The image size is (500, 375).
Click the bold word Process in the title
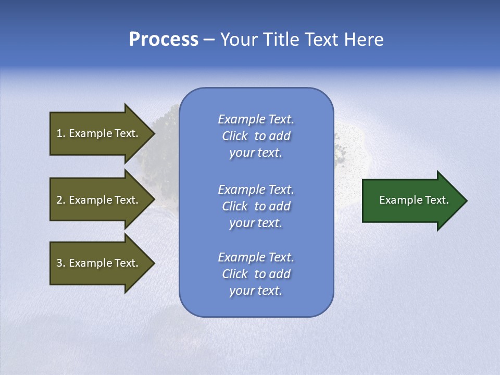[164, 40]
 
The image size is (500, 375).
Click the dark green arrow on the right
[411, 200]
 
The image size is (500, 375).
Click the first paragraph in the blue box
[256, 136]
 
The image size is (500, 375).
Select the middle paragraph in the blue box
[256, 206]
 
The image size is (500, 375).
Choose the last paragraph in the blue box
[256, 274]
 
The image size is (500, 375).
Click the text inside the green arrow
[414, 200]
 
